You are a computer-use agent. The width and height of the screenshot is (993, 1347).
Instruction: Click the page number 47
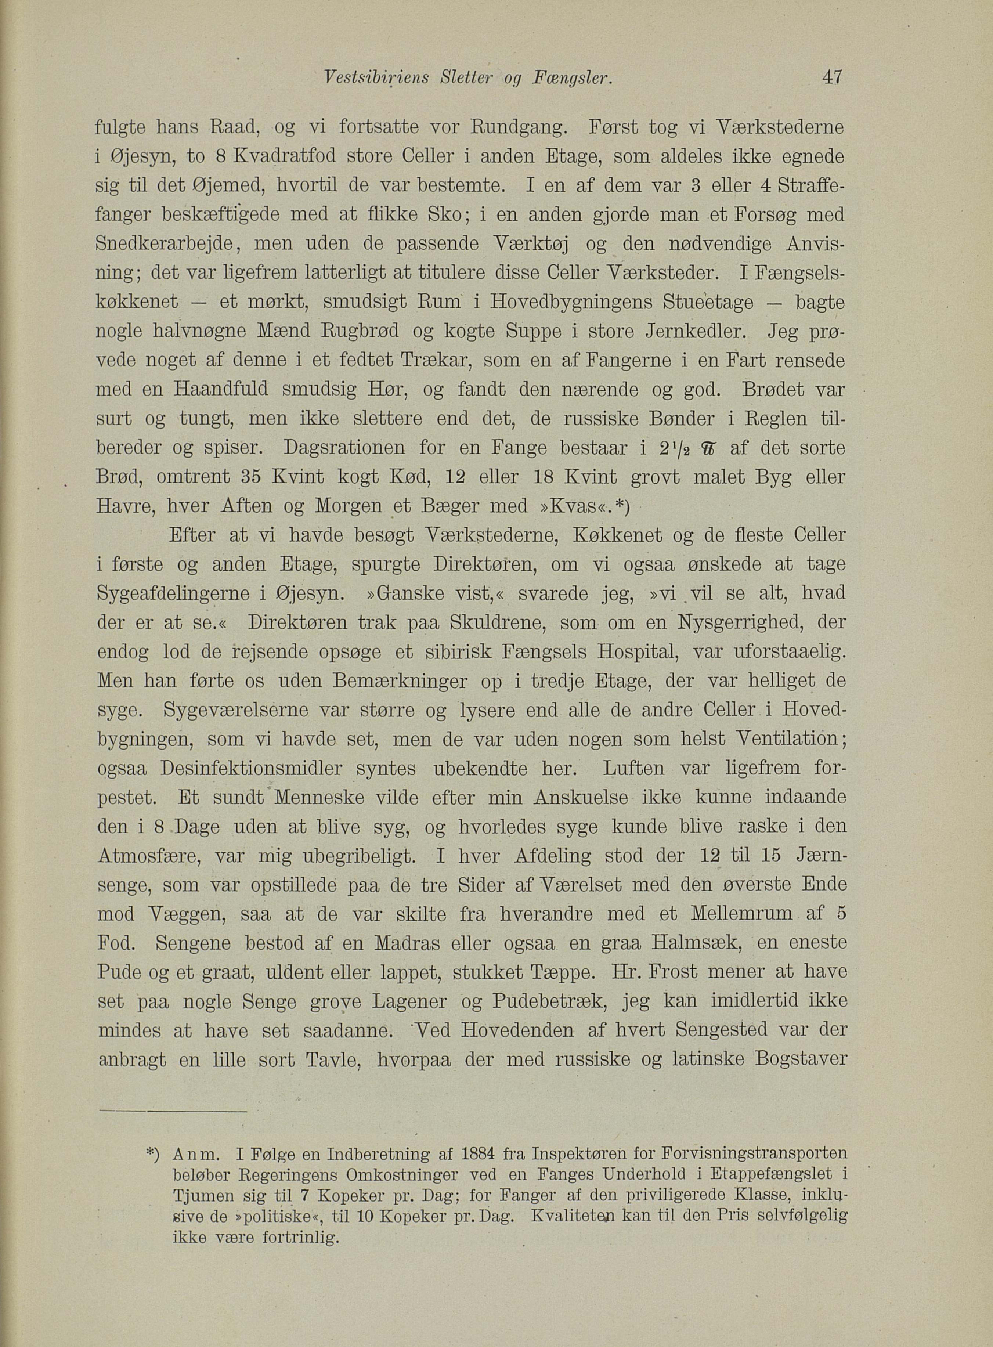tap(833, 77)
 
